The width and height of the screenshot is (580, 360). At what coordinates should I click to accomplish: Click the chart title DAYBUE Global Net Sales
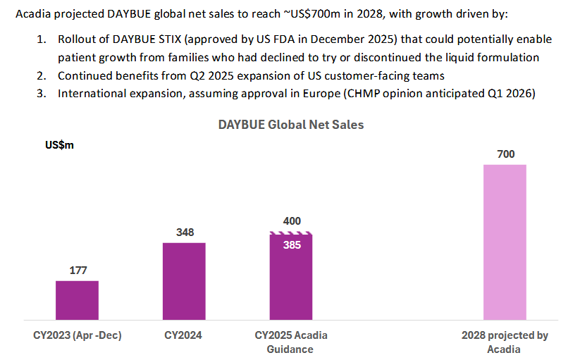(290, 125)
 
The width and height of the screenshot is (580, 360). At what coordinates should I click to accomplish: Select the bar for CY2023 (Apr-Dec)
(77, 301)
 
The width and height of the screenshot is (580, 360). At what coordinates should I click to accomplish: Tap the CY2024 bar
(184, 282)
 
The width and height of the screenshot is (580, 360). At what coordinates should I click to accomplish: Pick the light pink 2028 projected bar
(505, 243)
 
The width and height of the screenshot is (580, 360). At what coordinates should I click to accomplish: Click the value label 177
(78, 271)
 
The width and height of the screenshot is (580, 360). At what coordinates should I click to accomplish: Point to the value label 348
(184, 232)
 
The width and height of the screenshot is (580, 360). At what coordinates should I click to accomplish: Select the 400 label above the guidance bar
(291, 221)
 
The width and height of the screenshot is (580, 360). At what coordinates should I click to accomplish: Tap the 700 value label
(505, 154)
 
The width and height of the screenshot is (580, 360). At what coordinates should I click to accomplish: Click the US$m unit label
(59, 145)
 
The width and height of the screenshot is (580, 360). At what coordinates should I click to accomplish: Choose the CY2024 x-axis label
(184, 335)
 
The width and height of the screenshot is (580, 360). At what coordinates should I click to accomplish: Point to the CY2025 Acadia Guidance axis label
(290, 342)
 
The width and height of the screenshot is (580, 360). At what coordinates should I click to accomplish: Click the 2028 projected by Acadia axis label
(504, 342)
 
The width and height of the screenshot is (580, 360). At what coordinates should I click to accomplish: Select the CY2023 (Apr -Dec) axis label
(78, 335)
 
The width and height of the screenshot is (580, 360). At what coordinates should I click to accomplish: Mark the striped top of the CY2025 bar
(291, 234)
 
